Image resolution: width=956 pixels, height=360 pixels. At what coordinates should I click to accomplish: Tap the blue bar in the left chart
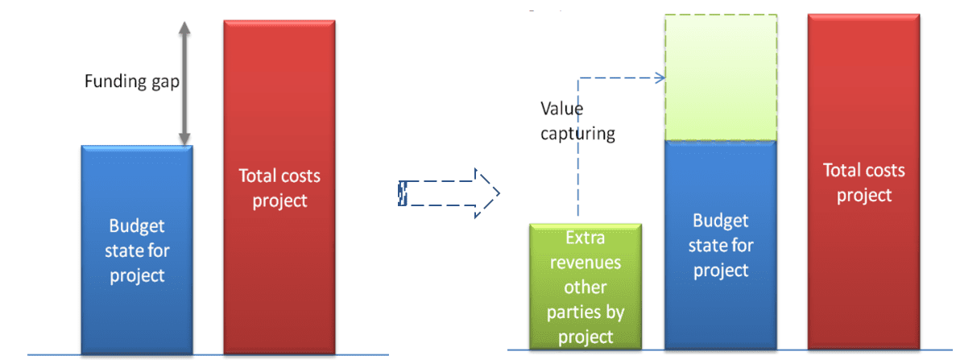[x=137, y=306]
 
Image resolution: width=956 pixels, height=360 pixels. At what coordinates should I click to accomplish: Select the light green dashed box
[x=720, y=77]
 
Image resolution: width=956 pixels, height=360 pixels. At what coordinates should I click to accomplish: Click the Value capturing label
[x=577, y=121]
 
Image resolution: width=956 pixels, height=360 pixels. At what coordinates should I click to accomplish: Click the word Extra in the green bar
[x=585, y=238]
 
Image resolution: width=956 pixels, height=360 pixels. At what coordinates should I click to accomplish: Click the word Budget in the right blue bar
[x=720, y=221]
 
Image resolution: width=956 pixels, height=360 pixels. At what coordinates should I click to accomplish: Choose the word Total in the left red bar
[x=259, y=176]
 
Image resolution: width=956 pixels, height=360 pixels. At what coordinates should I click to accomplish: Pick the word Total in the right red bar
[x=842, y=171]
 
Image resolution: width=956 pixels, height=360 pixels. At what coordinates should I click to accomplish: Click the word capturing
[x=577, y=134]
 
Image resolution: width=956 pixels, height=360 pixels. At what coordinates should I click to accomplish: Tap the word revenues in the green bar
[x=585, y=263]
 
